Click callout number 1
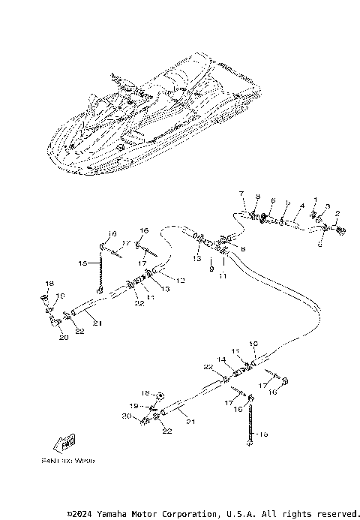(316, 200)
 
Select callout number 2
(337, 214)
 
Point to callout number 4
(301, 205)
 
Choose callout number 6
(273, 200)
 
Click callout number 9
(212, 268)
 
